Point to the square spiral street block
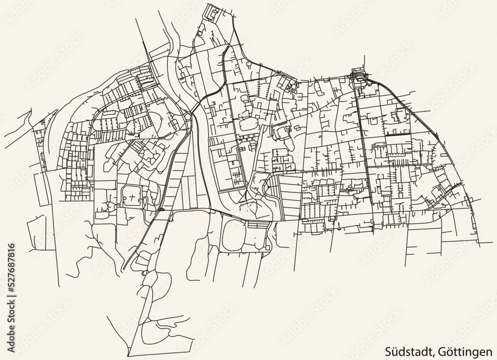point(213,12)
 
